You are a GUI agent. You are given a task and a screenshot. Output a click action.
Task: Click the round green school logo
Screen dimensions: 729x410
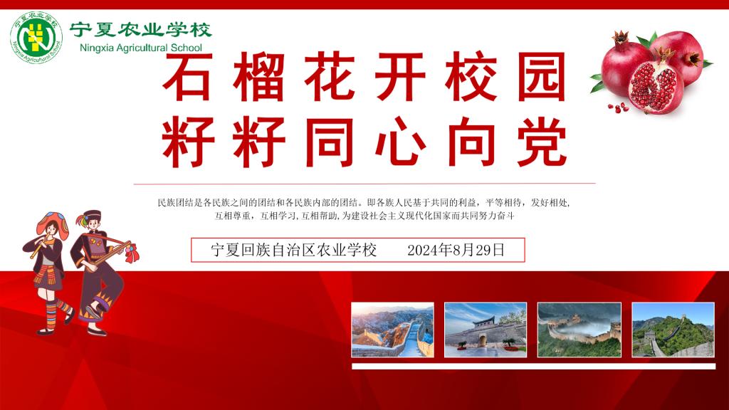point(36,37)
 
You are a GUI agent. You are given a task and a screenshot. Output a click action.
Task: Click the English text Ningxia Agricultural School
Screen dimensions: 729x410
point(141,48)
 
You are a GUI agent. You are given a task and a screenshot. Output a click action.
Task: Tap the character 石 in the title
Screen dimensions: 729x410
point(187,76)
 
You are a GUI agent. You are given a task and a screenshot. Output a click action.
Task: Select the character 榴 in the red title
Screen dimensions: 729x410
point(258,76)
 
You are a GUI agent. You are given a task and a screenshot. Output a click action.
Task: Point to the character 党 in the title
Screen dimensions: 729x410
point(542,142)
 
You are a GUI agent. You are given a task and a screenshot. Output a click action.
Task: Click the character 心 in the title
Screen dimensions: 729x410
point(400,142)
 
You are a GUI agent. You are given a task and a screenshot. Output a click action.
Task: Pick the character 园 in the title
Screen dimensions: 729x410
point(542,76)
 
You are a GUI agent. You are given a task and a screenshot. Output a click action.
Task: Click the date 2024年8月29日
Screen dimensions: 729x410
point(456,250)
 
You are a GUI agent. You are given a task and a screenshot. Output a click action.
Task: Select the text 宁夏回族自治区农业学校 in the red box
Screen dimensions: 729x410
point(294,250)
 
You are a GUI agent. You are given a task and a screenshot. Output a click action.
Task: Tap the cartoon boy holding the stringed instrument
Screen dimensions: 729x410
point(103,273)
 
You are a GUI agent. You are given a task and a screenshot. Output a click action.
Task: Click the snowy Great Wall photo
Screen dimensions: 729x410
point(392,330)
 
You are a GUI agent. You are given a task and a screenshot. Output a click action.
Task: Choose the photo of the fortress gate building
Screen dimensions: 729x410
point(486,330)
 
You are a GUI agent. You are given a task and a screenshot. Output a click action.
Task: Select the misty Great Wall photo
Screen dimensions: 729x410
point(579,330)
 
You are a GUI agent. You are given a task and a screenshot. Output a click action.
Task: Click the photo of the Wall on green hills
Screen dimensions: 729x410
point(673,330)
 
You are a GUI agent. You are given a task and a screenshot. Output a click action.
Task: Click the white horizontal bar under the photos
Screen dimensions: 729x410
point(534,367)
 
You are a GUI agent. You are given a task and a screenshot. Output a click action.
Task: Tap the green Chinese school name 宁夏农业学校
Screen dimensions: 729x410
point(141,30)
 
